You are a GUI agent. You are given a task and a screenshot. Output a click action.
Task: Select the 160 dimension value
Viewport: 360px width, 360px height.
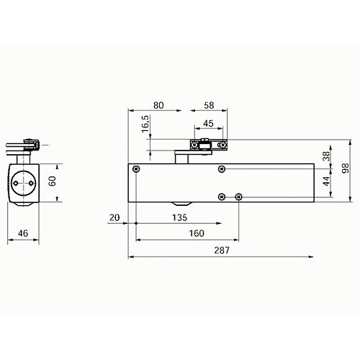pyautogui.click(x=195, y=233)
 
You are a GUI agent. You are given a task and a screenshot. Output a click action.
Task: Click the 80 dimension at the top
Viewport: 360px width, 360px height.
pyautogui.click(x=159, y=105)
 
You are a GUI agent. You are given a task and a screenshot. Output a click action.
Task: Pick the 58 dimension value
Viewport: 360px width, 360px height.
pyautogui.click(x=209, y=105)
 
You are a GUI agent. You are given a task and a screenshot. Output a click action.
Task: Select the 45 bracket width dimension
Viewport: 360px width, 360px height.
pyautogui.click(x=209, y=122)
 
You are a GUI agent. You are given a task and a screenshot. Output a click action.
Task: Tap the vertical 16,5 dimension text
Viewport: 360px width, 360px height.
pyautogui.click(x=145, y=123)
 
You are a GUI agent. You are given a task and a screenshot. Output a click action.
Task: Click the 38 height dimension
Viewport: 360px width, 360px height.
pyautogui.click(x=325, y=157)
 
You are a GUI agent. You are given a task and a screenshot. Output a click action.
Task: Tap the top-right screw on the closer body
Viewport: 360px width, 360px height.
pyautogui.click(x=222, y=169)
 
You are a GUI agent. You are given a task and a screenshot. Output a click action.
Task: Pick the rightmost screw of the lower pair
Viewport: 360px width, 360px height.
pyautogui.click(x=240, y=196)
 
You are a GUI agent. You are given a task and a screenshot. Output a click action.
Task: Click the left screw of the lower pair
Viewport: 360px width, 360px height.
pyautogui.click(x=222, y=196)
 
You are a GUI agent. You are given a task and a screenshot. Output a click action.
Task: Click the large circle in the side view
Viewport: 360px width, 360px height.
pyautogui.click(x=27, y=183)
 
